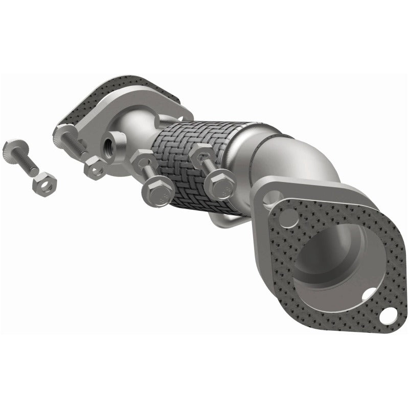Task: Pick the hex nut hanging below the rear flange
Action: tap(95, 167)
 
